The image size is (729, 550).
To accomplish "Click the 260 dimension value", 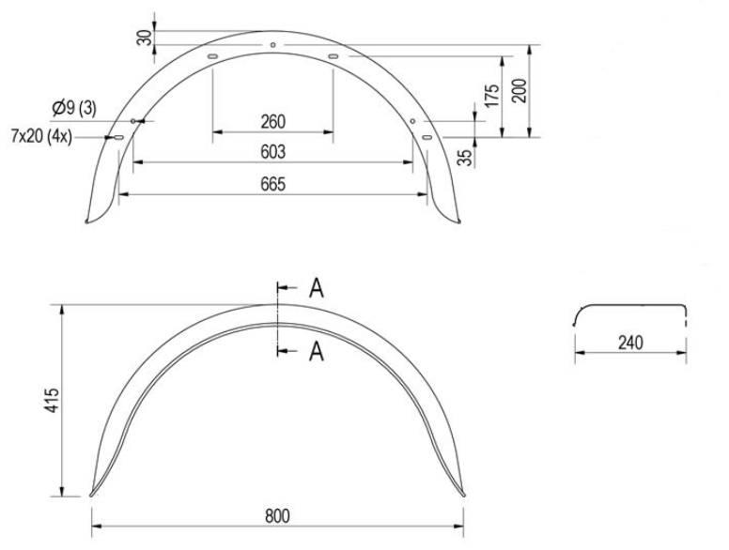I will pyautogui.click(x=272, y=122).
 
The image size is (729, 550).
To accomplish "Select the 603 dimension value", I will pyautogui.click(x=272, y=152).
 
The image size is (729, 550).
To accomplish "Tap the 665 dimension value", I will pyautogui.click(x=272, y=183).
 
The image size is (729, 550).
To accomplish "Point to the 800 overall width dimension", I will pyautogui.click(x=277, y=517).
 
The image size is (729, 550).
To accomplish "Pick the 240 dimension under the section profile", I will pyautogui.click(x=630, y=343).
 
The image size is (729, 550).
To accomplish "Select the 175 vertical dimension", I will pyautogui.click(x=489, y=95).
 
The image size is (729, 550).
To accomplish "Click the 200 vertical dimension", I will pyautogui.click(x=518, y=90).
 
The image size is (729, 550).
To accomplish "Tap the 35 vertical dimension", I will pyautogui.click(x=464, y=156).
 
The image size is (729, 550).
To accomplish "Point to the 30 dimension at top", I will pyautogui.click(x=144, y=37).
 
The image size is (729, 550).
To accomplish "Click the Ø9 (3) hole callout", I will pyautogui.click(x=76, y=108).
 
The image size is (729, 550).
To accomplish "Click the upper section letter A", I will pyautogui.click(x=317, y=288).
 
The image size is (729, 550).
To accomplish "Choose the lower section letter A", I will pyautogui.click(x=317, y=351).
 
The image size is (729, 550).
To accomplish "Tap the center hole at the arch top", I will pyautogui.click(x=272, y=44).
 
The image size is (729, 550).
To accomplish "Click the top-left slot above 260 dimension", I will pyautogui.click(x=212, y=58).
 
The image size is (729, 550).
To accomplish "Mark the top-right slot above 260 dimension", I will pyautogui.click(x=333, y=58).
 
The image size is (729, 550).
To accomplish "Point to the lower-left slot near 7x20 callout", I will pyautogui.click(x=119, y=139).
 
